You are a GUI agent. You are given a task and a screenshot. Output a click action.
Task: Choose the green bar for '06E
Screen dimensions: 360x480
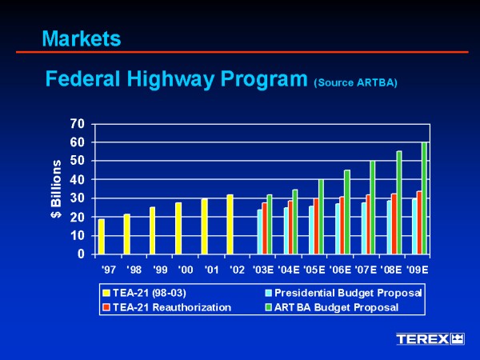tap(347, 212)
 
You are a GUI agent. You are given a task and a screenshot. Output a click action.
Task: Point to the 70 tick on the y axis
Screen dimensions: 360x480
tap(77, 124)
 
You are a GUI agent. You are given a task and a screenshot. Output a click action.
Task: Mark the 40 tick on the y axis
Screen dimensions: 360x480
tap(77, 180)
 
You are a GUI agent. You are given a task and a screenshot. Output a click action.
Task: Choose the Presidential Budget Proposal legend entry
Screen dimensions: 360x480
tap(348, 294)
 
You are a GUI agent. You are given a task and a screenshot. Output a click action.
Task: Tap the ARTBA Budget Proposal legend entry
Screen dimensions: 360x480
tap(335, 307)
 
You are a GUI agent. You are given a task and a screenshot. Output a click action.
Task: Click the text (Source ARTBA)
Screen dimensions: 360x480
tap(355, 82)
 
